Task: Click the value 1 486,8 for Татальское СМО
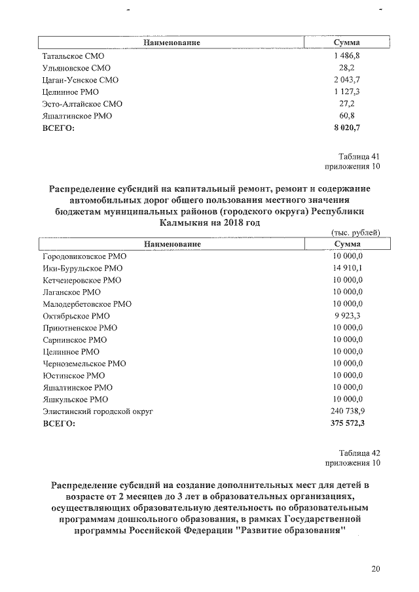point(347,56)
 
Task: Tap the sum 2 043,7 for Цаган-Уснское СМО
point(347,80)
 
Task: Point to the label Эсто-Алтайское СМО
point(82,104)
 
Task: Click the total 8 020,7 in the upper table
point(347,128)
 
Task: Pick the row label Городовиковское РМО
point(84,256)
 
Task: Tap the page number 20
point(375,568)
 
